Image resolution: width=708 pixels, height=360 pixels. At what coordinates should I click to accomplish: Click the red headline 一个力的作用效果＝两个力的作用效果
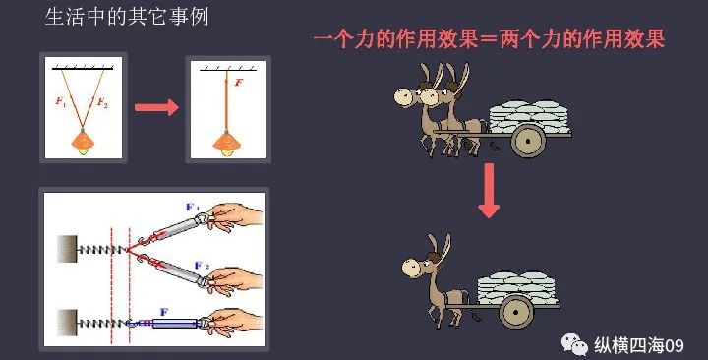489,40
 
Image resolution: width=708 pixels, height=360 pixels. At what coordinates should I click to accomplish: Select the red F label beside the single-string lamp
240,85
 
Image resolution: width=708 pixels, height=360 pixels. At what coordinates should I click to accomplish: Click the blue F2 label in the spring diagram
200,266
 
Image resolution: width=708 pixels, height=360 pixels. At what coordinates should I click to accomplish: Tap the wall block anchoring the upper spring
70,249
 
